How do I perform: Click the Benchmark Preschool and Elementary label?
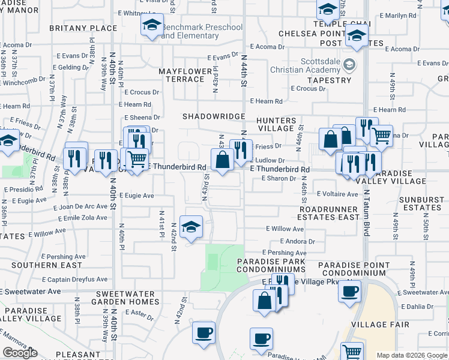pos(202,31)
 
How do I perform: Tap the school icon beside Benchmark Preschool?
pos(152,26)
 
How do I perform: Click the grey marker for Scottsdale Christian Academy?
pos(350,64)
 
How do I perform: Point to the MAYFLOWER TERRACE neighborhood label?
pos(185,75)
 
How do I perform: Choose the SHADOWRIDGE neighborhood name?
pos(214,116)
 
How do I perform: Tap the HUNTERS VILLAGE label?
pos(276,124)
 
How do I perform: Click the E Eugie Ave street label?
pos(137,196)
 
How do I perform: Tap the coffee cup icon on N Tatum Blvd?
pos(349,292)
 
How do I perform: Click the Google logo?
pos(20,353)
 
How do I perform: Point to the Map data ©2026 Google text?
pos(412,355)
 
